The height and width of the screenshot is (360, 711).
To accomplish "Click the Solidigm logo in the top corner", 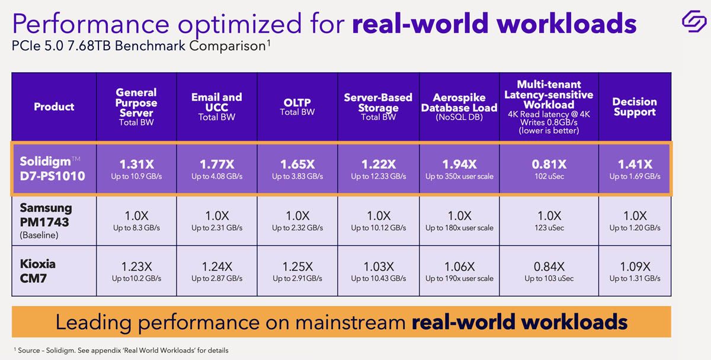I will coord(691,21).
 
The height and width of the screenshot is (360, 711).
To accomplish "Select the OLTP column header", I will coord(297,107).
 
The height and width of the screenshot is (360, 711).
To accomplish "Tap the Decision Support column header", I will coord(635,107).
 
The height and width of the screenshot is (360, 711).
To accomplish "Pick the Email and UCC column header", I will coord(216,107).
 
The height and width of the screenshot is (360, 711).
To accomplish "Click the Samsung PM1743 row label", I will coord(46,221).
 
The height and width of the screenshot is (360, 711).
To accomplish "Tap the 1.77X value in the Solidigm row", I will coord(216,164).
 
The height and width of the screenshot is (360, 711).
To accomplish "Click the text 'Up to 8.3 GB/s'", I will coord(136,227).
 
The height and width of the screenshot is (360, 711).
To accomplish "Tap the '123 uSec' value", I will coord(549,227).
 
